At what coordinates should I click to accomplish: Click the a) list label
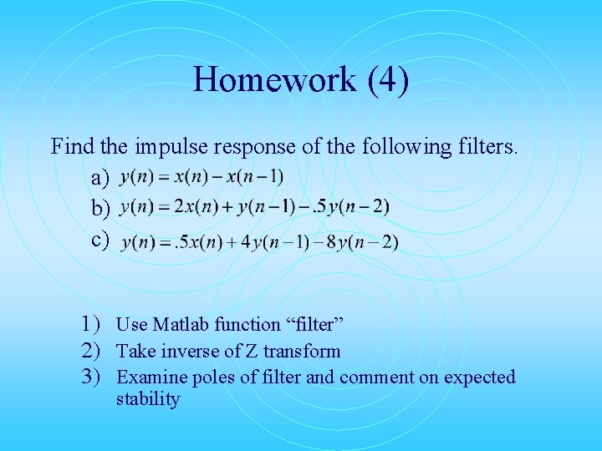[101, 179]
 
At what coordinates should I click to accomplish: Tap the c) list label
[101, 240]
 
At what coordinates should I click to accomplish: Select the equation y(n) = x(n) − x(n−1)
[202, 177]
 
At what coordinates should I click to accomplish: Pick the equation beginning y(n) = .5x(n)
[259, 243]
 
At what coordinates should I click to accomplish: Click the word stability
[148, 399]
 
